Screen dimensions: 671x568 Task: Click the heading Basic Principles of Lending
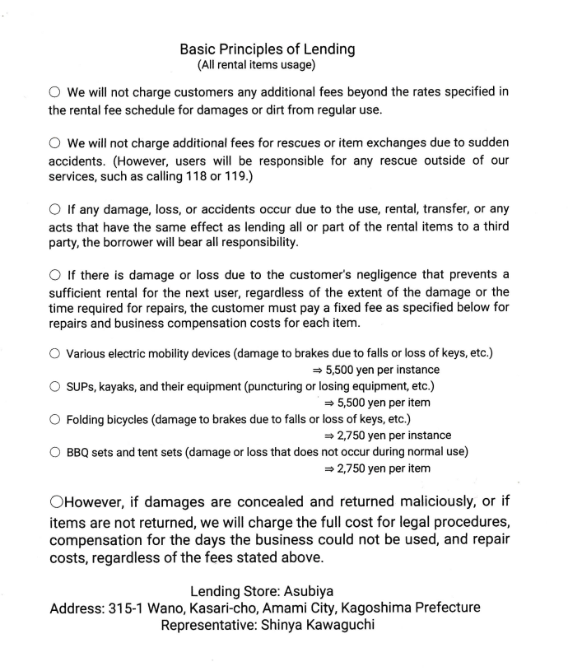(267, 49)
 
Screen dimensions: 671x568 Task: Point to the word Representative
(206, 627)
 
